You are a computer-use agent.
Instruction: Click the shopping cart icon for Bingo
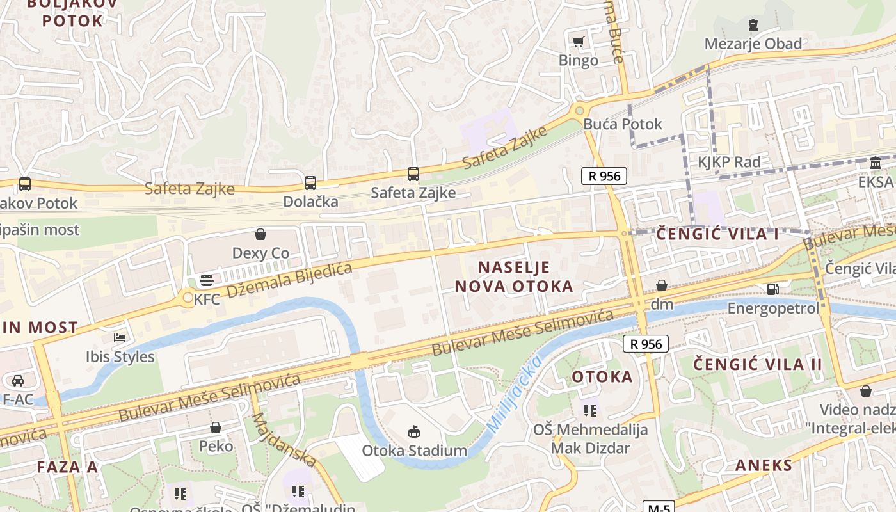point(579,42)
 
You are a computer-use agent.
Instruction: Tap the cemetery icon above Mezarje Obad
point(753,26)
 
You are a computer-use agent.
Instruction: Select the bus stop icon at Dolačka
point(310,183)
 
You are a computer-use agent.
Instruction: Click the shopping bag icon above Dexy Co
point(260,234)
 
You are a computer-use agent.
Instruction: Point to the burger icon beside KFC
point(206,280)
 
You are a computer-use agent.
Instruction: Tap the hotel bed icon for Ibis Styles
point(120,337)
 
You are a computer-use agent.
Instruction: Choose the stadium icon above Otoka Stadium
point(414,431)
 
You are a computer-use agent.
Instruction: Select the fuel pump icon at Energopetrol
point(773,289)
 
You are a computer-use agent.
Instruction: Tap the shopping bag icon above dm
point(662,285)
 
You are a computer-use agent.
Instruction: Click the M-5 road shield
point(659,508)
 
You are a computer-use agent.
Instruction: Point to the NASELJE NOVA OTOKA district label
point(514,276)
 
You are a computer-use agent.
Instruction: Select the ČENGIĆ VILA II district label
point(758,364)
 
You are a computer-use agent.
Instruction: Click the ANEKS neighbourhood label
point(764,465)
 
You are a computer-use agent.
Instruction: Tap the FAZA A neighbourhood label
point(67,467)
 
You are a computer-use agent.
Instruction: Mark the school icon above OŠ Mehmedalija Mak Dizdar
point(589,410)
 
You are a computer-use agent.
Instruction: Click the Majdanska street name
point(284,440)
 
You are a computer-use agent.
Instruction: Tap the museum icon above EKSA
point(875,164)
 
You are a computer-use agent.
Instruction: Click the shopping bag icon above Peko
point(216,427)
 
